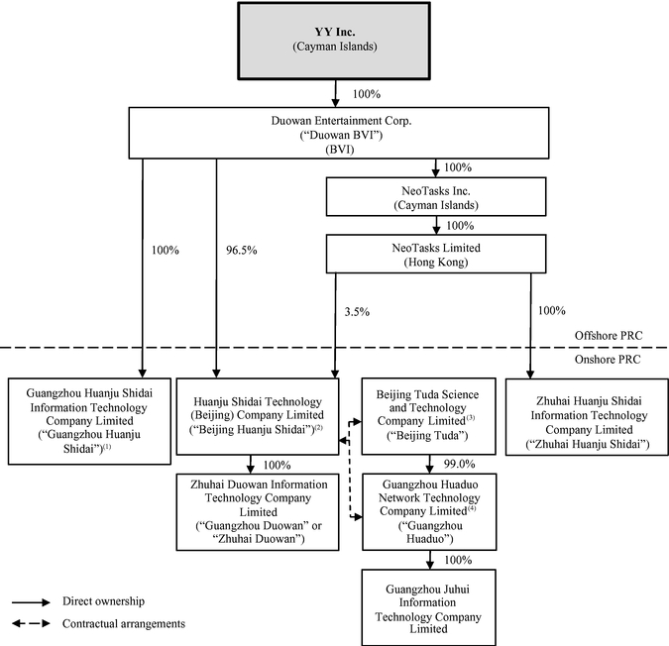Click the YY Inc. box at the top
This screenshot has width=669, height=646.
tap(334, 41)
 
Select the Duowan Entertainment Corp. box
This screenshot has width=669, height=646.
tap(339, 133)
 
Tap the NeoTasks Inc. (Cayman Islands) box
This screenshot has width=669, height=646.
tap(436, 197)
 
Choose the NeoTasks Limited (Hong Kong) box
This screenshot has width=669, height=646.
tap(436, 254)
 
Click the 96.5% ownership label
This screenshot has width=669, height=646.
tap(242, 251)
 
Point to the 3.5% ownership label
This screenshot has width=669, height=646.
tap(357, 312)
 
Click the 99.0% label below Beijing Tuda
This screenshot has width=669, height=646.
tap(460, 464)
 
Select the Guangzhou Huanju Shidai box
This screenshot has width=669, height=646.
tap(89, 421)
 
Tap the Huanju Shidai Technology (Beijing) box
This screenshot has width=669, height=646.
tap(258, 416)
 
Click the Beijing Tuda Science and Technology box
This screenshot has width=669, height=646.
tap(429, 416)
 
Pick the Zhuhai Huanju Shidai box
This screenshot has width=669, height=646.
tap(587, 417)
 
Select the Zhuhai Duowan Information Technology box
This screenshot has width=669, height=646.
tap(258, 512)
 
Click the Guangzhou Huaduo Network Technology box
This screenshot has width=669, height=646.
tap(429, 511)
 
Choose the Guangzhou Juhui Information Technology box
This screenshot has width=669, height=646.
tap(429, 607)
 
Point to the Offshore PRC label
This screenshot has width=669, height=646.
tap(609, 336)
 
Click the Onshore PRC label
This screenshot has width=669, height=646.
tap(608, 360)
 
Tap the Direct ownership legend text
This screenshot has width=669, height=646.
tap(104, 601)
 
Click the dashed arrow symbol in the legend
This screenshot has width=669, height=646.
tap(31, 623)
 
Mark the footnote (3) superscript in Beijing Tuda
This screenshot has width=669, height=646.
tap(471, 418)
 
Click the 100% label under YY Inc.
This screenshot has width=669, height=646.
tap(367, 94)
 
